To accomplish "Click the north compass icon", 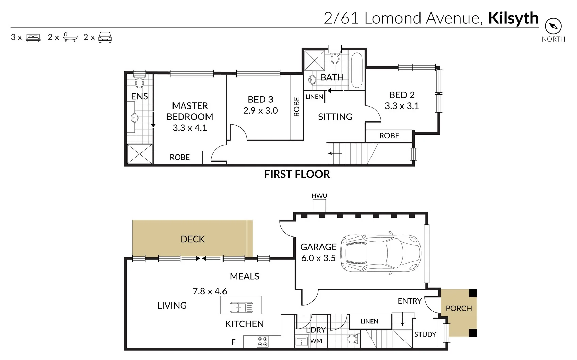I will click(x=553, y=26).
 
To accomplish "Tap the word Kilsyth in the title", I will click(x=513, y=18).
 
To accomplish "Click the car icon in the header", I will click(x=105, y=37).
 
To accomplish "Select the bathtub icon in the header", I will click(x=70, y=37).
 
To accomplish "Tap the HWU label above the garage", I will click(x=319, y=196).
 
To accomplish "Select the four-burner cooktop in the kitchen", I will click(x=262, y=341).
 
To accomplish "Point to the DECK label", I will click(x=193, y=239).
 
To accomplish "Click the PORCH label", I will click(x=459, y=308).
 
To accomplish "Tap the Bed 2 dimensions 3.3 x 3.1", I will click(x=402, y=106).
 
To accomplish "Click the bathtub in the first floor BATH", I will click(x=357, y=70).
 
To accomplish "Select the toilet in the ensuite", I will click(x=139, y=82).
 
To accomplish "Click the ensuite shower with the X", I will click(x=139, y=154).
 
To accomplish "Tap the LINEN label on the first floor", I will click(x=314, y=97).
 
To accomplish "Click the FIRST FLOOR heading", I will click(x=297, y=174).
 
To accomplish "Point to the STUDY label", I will click(x=425, y=334).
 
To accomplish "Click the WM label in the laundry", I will click(x=316, y=341).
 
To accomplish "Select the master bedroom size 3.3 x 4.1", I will click(x=189, y=128).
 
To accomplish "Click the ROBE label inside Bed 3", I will click(x=297, y=107).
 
